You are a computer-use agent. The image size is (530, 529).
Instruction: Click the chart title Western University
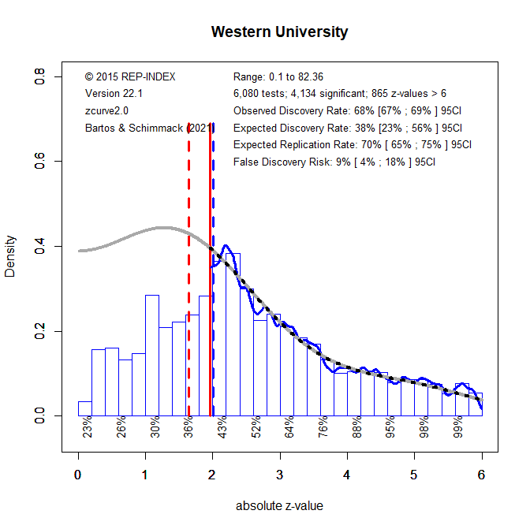(x=280, y=32)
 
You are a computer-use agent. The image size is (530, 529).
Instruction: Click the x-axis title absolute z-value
(x=279, y=506)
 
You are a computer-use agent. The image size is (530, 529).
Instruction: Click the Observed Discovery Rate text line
(x=348, y=110)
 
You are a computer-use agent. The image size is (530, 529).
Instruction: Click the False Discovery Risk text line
(x=334, y=162)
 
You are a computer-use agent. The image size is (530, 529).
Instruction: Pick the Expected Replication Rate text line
(x=353, y=144)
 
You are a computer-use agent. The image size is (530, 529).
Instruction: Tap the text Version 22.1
(x=114, y=93)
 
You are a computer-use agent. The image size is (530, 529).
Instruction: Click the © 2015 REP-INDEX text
(x=130, y=76)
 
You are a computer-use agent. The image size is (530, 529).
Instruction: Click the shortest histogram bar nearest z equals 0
(x=84, y=408)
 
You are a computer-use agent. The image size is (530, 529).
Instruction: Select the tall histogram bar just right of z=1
(x=152, y=355)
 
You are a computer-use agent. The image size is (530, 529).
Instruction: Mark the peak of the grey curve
(x=162, y=228)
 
